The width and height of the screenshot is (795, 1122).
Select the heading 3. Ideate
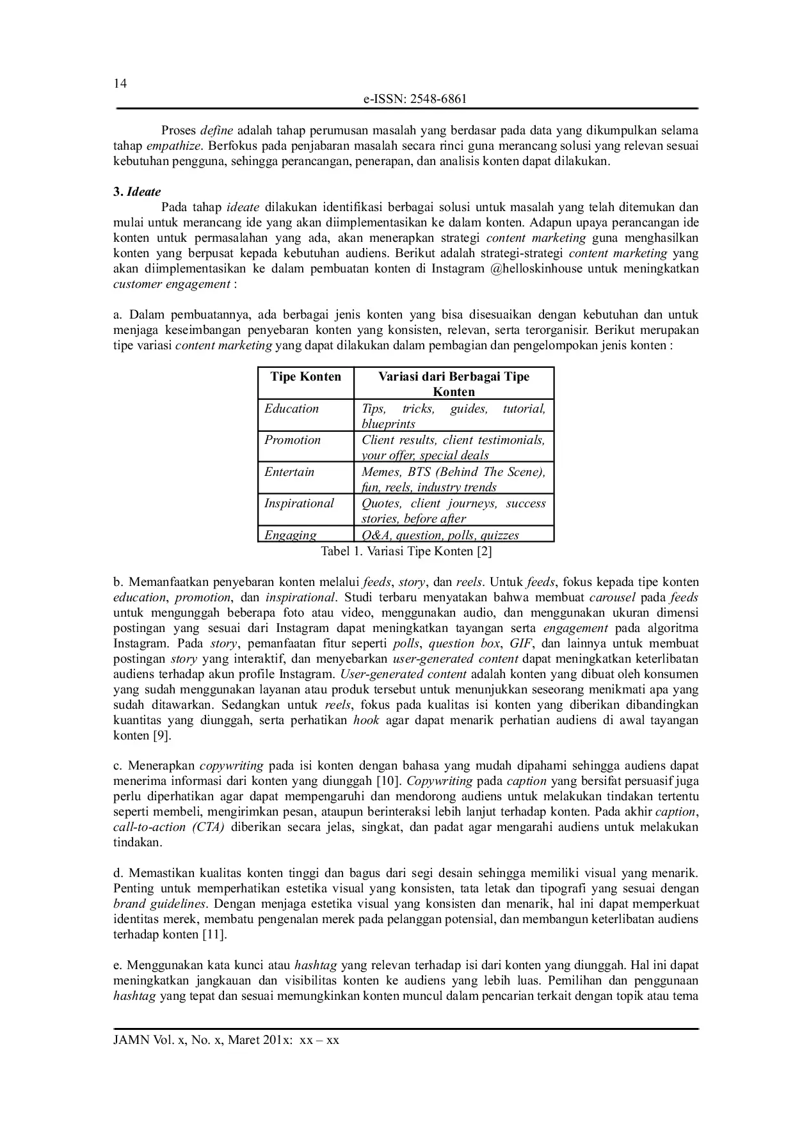(x=137, y=192)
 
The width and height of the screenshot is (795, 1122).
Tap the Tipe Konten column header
(x=306, y=377)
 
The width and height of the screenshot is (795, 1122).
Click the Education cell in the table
(x=292, y=409)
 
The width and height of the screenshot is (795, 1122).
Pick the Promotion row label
(x=293, y=440)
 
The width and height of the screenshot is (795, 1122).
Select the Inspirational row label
(x=299, y=503)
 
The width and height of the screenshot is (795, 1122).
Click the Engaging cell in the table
(x=291, y=535)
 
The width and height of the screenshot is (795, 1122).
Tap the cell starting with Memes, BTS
(x=453, y=479)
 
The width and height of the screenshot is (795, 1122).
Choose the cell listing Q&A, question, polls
(x=440, y=535)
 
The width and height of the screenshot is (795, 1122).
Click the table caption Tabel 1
(x=406, y=551)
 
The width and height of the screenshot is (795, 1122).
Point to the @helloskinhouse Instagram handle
(x=536, y=269)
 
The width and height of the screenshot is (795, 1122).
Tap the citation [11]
(x=214, y=935)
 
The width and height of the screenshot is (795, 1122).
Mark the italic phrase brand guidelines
(x=159, y=904)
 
